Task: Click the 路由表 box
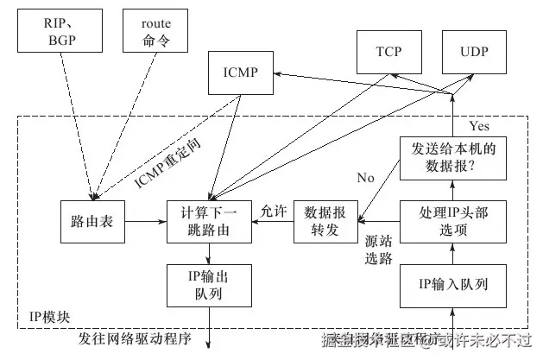92,221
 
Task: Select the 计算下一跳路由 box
210,221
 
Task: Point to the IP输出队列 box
210,284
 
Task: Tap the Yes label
479,126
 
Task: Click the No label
365,178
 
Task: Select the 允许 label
273,210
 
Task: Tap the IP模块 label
49,317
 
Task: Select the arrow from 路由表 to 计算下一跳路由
146,222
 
